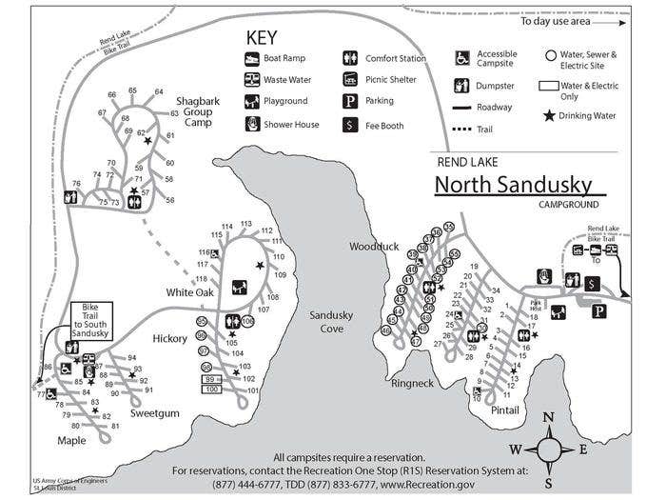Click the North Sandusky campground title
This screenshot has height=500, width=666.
513,183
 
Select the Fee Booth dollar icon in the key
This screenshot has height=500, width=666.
350,124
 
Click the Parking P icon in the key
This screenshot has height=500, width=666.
350,101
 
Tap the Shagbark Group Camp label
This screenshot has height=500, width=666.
198,110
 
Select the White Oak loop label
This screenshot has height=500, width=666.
190,292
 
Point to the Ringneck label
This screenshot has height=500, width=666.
412,384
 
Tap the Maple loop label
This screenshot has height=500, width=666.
70,440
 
